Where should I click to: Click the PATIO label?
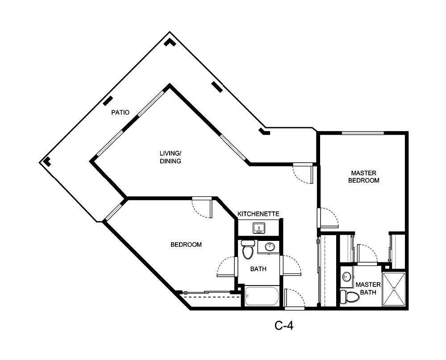click(x=120, y=112)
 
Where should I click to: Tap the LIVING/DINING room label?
click(x=170, y=157)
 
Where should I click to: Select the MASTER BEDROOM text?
click(x=364, y=177)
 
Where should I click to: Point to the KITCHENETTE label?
click(x=258, y=214)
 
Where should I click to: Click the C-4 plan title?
click(x=284, y=326)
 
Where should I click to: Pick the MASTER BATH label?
click(x=368, y=289)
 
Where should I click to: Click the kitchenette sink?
click(x=258, y=228)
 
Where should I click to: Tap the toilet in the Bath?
click(x=247, y=250)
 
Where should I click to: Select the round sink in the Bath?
click(x=270, y=246)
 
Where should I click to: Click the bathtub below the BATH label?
click(x=262, y=296)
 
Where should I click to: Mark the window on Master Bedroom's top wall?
click(x=363, y=132)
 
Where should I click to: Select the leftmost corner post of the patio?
click(x=46, y=161)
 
